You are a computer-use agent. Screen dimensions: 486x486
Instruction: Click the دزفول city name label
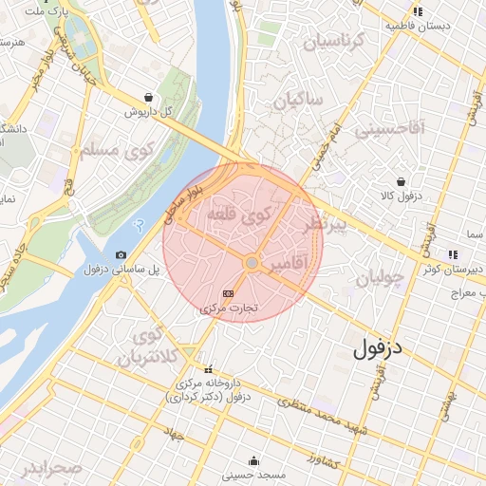378,348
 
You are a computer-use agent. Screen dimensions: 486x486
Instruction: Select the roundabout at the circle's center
252,263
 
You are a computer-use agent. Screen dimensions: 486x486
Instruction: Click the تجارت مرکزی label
228,308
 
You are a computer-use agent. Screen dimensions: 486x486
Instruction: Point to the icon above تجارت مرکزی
228,293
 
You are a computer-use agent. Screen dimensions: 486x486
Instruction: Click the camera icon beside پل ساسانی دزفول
121,254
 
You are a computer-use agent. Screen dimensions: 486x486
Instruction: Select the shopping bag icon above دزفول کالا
402,181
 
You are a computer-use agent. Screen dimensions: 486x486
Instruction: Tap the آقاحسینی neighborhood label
390,128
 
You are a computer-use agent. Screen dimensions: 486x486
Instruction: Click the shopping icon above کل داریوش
148,97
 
